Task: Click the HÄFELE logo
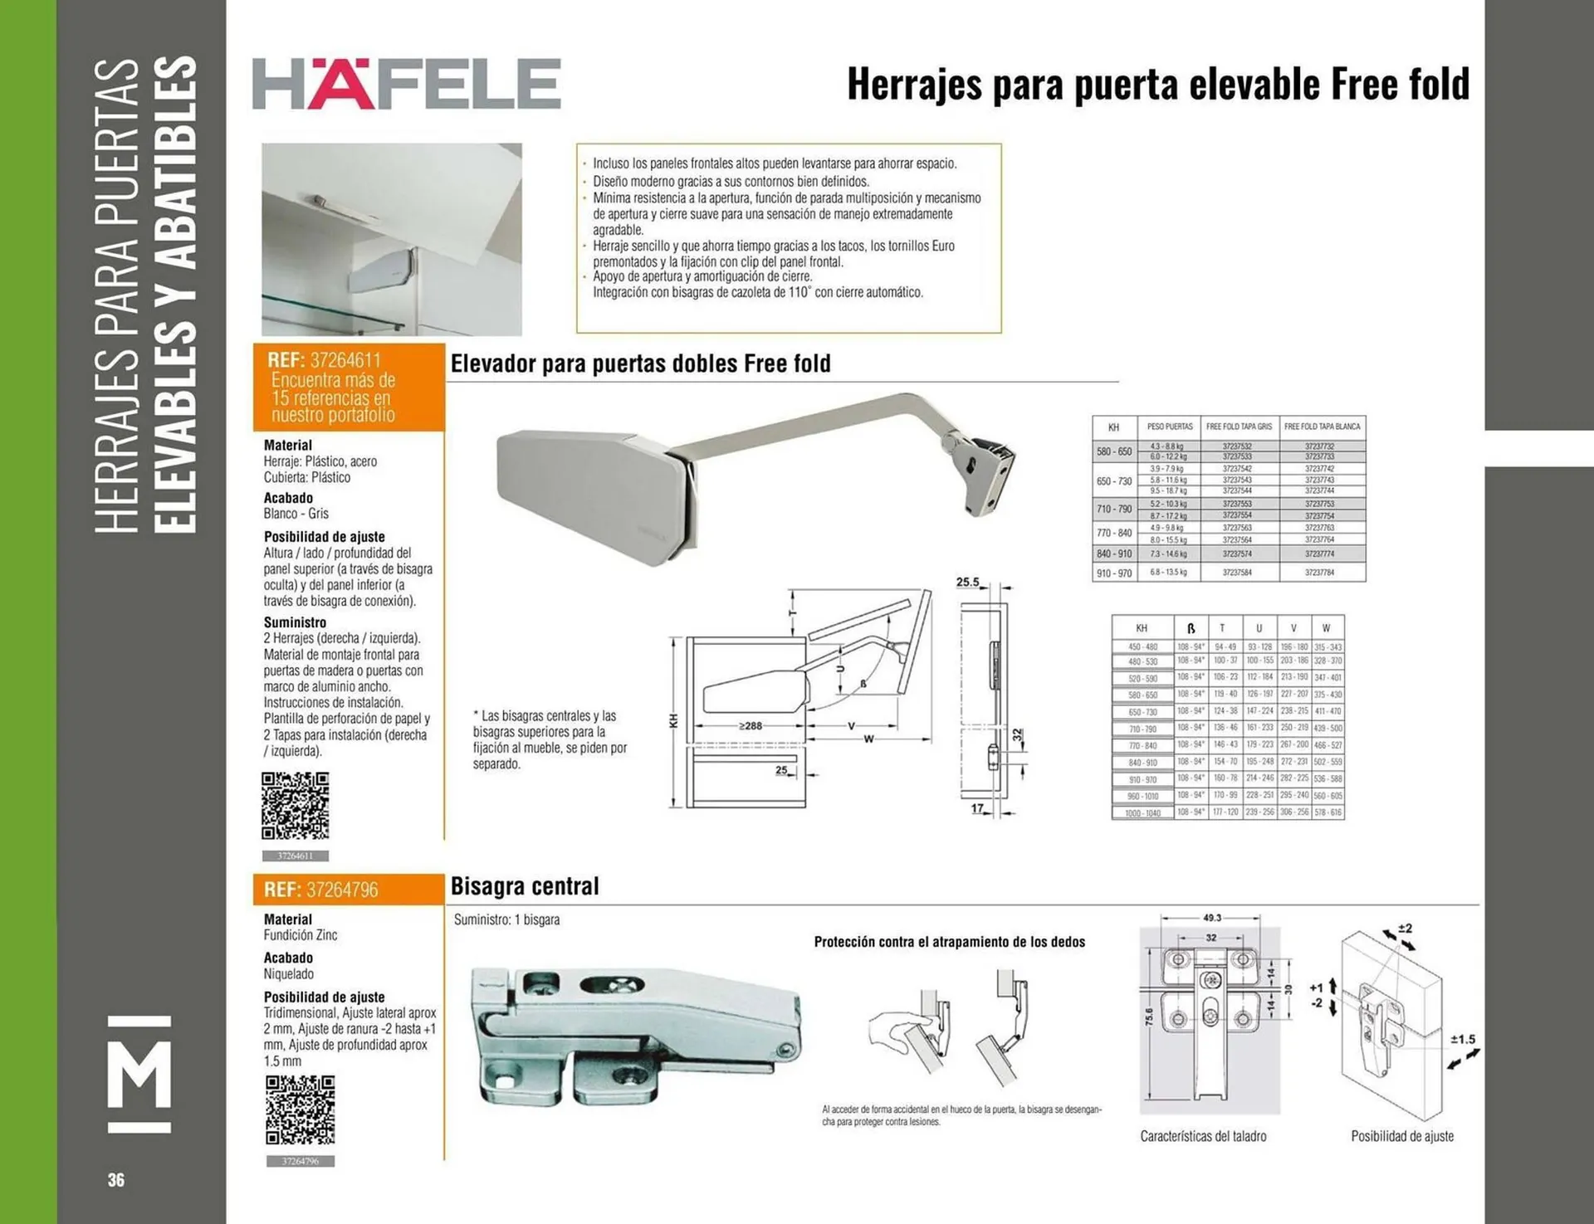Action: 406,83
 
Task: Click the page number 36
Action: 116,1180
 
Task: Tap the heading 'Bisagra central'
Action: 524,886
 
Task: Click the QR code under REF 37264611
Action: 296,805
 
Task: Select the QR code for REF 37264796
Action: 300,1110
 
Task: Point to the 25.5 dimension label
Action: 967,582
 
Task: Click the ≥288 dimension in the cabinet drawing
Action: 750,725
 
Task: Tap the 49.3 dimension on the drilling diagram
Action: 1211,918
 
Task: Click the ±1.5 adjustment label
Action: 1462,1039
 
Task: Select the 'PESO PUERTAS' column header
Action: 1170,427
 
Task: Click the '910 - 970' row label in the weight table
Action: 1113,573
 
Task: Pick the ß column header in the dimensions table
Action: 1191,628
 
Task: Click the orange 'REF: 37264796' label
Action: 321,890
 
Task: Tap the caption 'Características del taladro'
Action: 1203,1136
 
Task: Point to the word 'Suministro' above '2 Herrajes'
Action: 295,622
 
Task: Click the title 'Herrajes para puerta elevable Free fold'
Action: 1157,84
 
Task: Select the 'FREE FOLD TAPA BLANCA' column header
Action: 1322,427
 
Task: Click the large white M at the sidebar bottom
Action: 139,1074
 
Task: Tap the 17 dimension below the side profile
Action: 977,807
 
